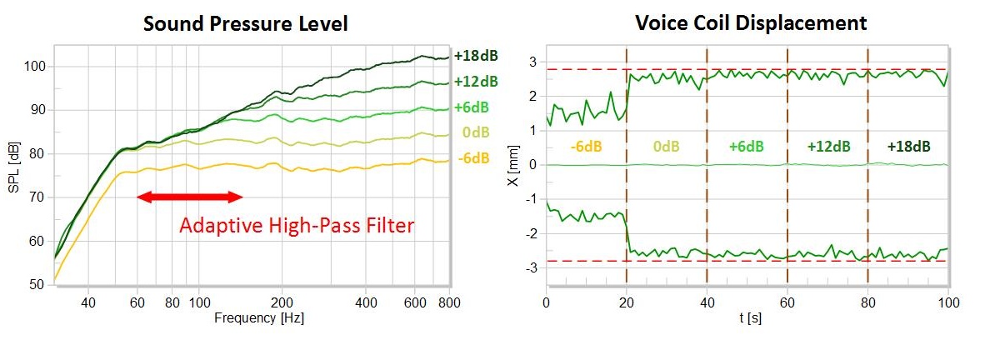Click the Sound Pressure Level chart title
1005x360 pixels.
tap(245, 23)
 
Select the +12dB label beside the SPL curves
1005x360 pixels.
tap(477, 81)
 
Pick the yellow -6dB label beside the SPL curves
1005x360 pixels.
tap(473, 157)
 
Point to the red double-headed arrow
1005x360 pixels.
tap(189, 197)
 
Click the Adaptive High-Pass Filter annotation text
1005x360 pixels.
tap(297, 225)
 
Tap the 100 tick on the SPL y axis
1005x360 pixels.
tap(36, 67)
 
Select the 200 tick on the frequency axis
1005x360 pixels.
tap(282, 302)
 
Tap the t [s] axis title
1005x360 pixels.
tap(747, 317)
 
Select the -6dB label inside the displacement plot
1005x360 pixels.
tap(586, 147)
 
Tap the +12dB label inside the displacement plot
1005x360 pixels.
tap(828, 147)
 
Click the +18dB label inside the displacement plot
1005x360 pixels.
tap(908, 147)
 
